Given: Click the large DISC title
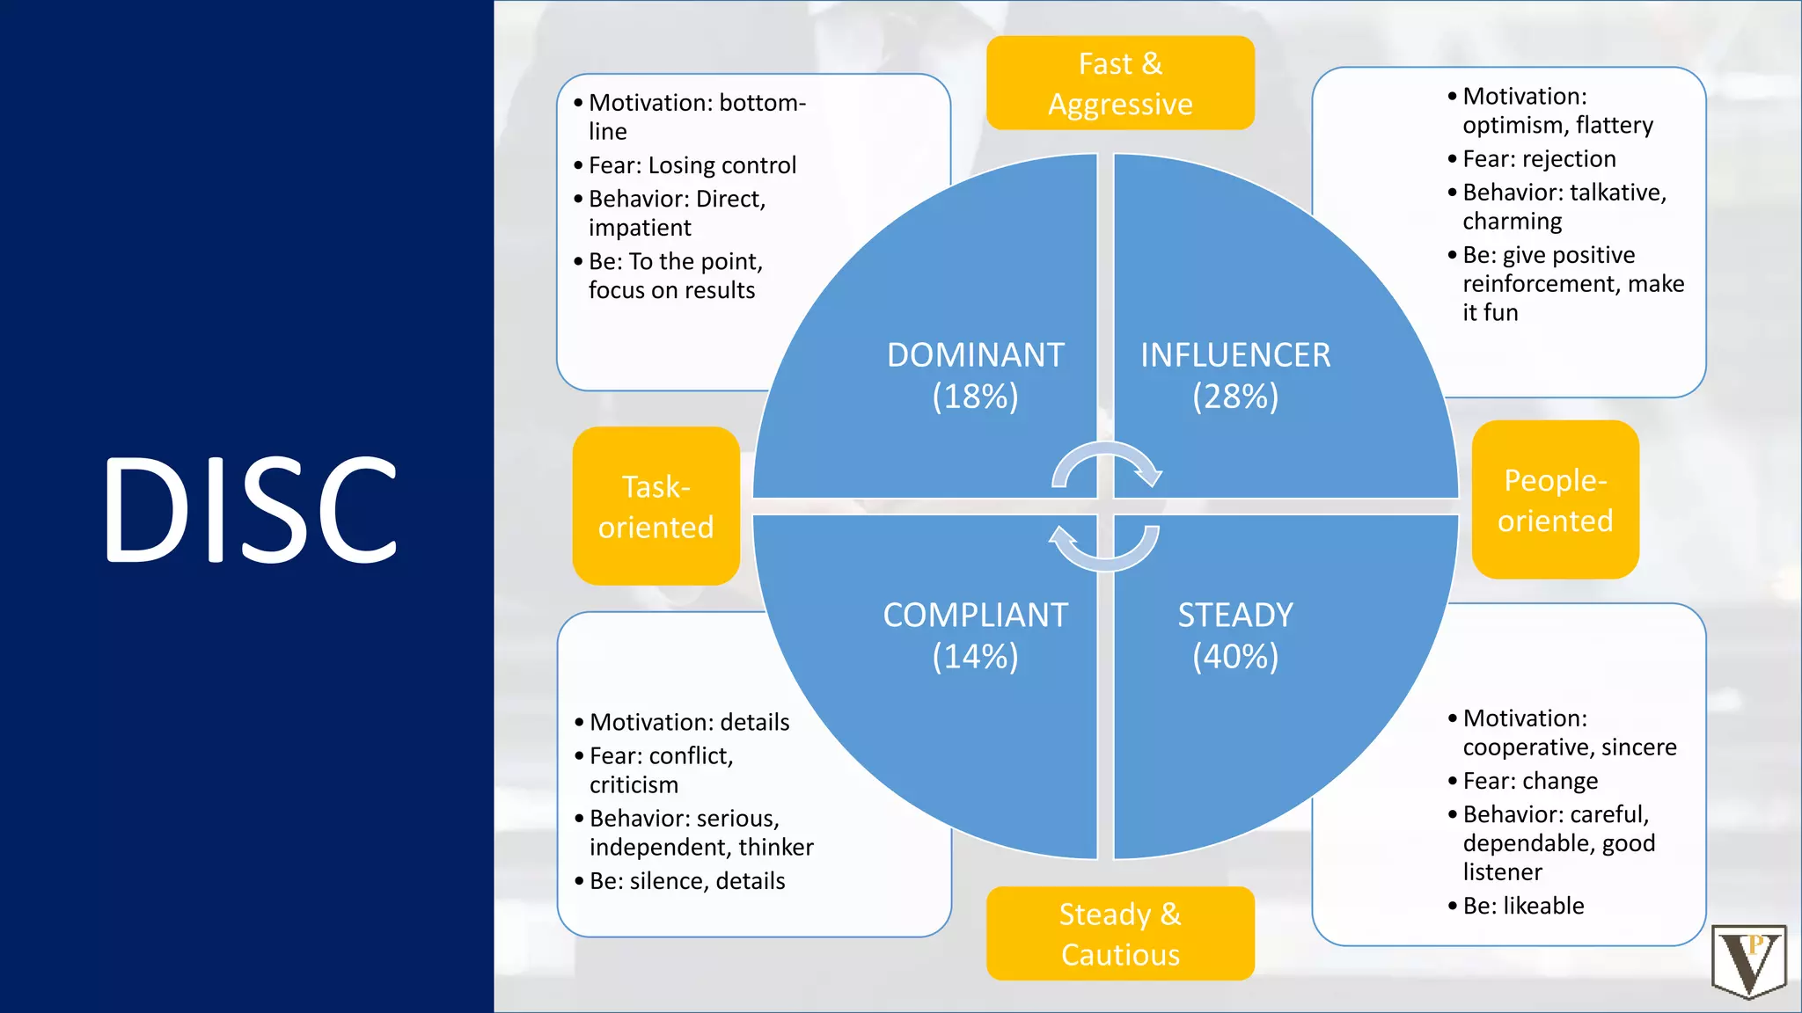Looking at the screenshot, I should (251, 510).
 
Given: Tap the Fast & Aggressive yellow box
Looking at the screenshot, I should (1120, 84).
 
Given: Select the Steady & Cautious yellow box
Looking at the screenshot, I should (1120, 934).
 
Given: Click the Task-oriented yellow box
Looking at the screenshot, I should (656, 506).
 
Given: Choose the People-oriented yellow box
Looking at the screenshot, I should (1555, 500).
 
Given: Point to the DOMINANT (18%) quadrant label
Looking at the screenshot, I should (975, 375).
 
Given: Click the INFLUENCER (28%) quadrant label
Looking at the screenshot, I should (1235, 375).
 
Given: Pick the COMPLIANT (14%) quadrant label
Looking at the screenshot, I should (975, 635).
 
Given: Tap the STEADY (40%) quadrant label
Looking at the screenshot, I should (1235, 635).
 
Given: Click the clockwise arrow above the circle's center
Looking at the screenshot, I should (1107, 463).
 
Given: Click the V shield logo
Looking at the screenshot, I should (1749, 962).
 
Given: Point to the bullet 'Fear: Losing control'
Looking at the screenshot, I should (692, 165).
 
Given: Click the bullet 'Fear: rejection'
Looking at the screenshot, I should (1539, 159).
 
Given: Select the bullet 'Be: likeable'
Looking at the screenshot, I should (1523, 906).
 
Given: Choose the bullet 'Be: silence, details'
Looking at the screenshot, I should (687, 881).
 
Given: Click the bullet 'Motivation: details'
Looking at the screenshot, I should (689, 722).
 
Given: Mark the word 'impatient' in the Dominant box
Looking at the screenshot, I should (640, 228).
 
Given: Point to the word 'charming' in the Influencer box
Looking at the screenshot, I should (1513, 222).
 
